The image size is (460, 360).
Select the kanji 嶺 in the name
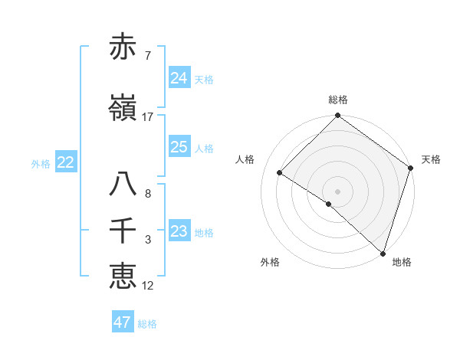(123, 108)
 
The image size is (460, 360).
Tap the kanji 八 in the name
(123, 185)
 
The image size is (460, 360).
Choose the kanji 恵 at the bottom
(123, 276)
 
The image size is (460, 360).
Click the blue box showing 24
(179, 78)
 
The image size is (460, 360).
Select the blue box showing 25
(179, 147)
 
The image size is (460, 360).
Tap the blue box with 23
(179, 231)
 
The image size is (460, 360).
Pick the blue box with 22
(65, 162)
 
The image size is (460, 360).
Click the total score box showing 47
(123, 322)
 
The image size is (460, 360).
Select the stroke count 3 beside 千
(147, 240)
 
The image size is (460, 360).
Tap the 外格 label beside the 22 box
(41, 163)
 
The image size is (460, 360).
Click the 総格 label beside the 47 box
(147, 324)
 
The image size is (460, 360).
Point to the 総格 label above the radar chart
(337, 100)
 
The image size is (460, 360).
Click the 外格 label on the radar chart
(270, 262)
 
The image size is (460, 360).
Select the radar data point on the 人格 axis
(280, 173)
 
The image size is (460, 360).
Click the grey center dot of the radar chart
(337, 191)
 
